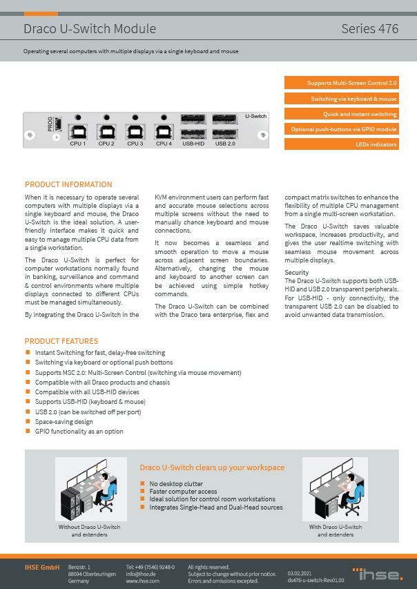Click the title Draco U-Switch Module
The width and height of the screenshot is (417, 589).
coord(90,29)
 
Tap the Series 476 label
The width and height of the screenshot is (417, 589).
coord(369,29)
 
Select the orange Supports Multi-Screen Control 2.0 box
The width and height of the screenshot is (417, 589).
coord(341,83)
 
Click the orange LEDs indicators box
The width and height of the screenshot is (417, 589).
coord(341,144)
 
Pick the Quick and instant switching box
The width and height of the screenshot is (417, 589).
coord(341,114)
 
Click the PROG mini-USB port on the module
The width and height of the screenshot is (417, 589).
coord(59,124)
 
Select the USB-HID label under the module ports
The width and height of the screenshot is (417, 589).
coord(193,144)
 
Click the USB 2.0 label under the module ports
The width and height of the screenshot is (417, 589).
coord(225,144)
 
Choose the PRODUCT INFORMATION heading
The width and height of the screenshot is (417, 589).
coord(68,184)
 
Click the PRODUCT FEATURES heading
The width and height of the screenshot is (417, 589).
coord(61,341)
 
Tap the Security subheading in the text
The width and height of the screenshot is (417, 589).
coord(297,273)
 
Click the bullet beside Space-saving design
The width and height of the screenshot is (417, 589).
coord(28,421)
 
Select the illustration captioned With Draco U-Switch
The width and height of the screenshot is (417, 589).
coord(335,488)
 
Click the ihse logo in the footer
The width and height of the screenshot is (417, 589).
coord(378,573)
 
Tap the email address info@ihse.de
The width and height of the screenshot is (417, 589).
coord(142,574)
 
